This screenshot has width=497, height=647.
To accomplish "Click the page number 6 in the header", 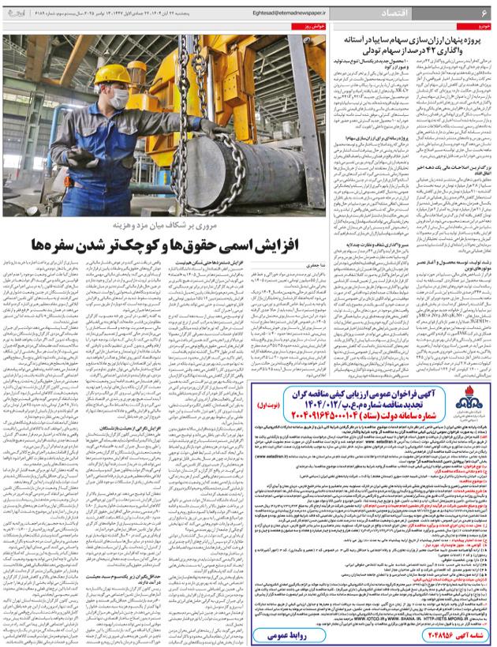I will [483, 13].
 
